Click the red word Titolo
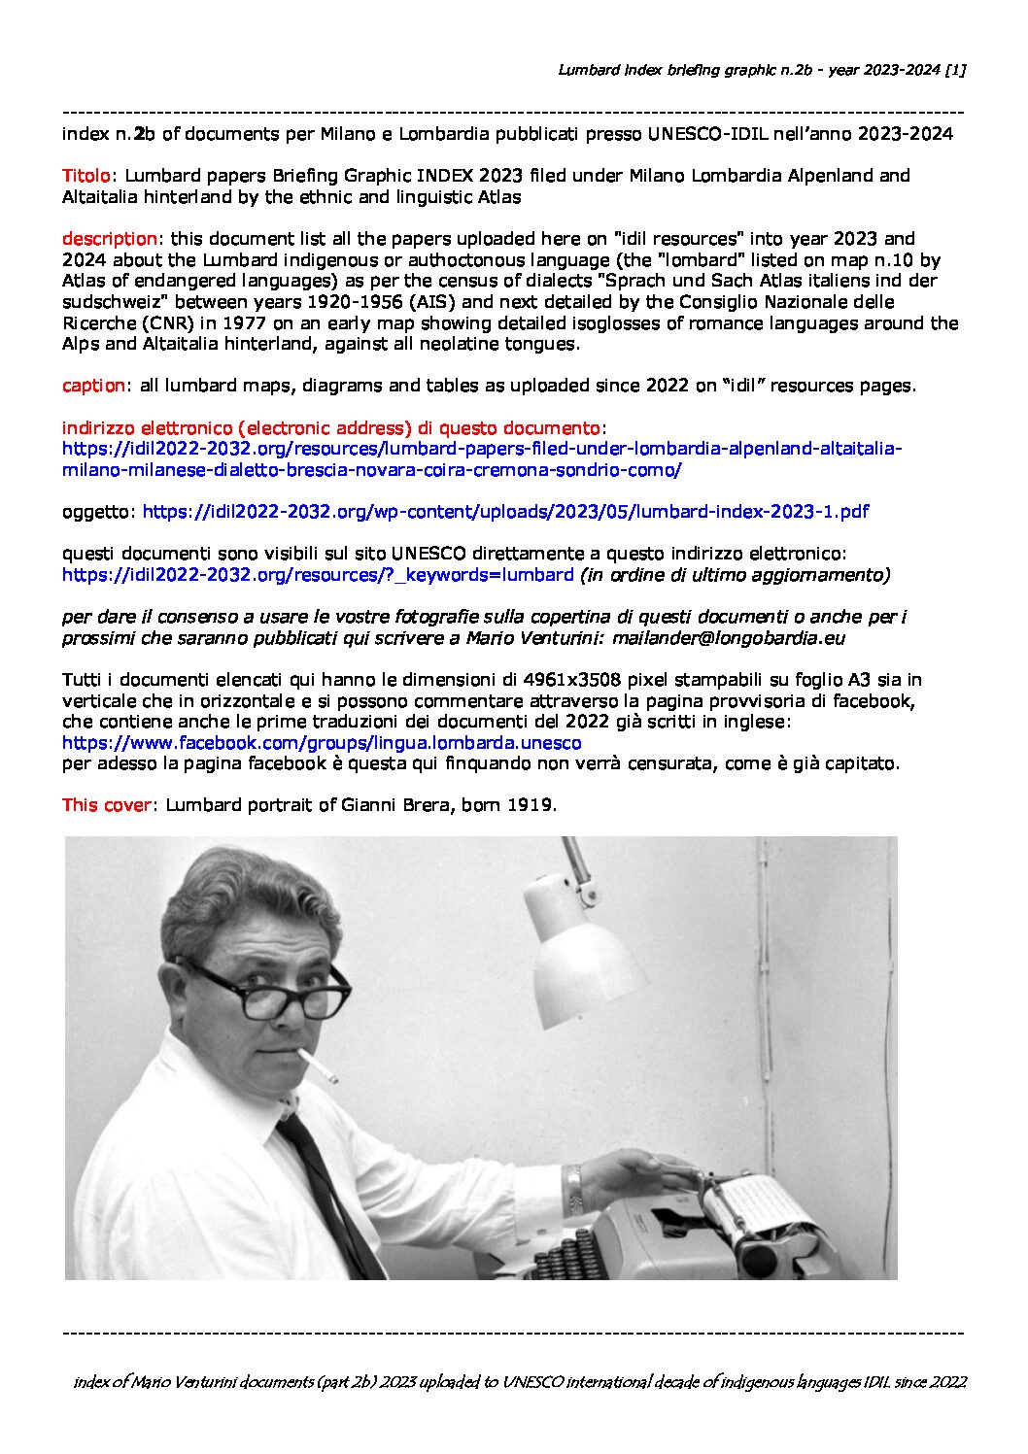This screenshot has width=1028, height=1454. (86, 176)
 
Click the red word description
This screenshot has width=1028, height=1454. (109, 238)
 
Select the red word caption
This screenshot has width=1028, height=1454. (92, 386)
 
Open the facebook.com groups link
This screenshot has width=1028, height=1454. (322, 743)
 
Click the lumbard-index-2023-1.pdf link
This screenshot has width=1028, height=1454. (505, 511)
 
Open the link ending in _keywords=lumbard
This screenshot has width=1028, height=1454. (318, 575)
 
